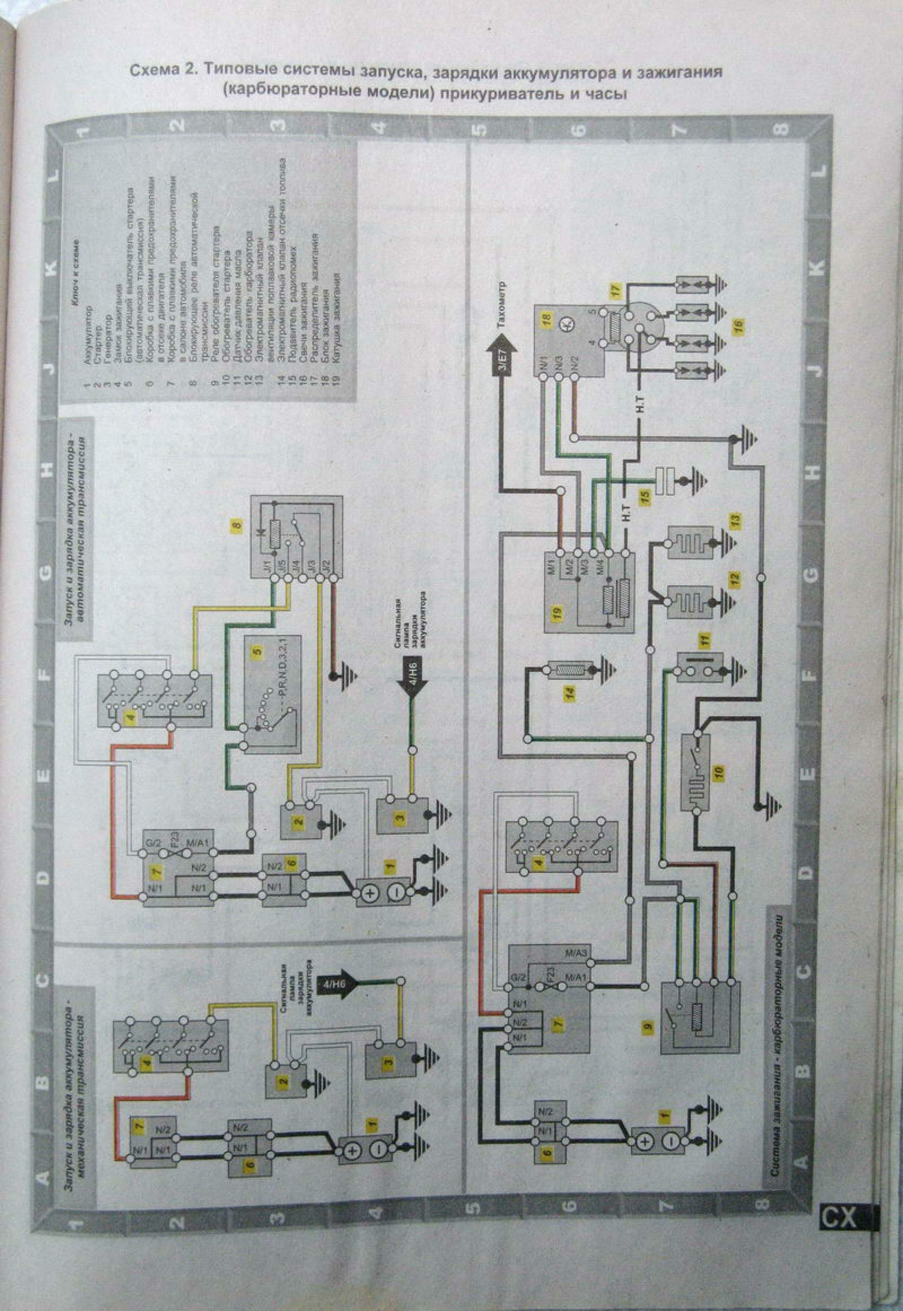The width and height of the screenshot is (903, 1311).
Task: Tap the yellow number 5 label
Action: click(258, 652)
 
